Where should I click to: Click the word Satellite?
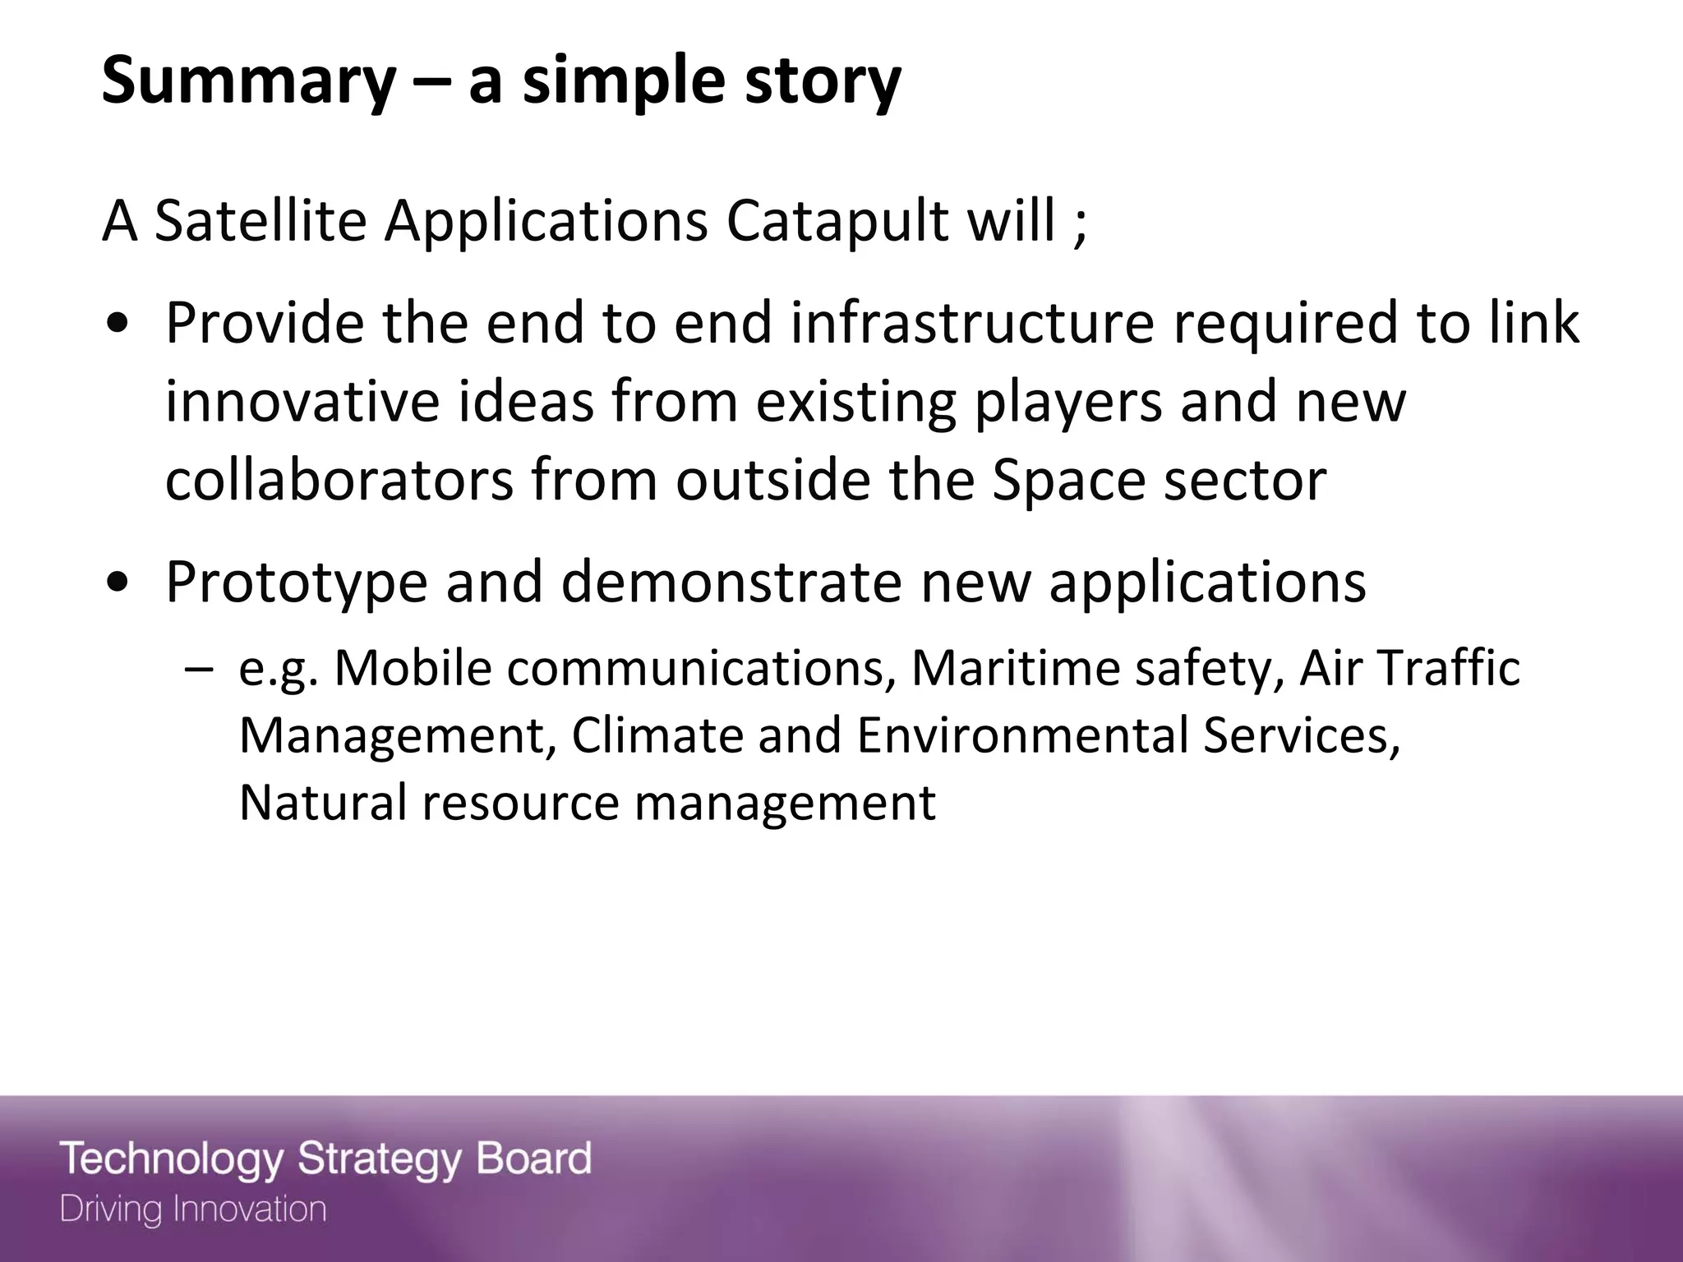pos(260,222)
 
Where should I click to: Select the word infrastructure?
pos(973,323)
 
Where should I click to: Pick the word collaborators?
pos(339,480)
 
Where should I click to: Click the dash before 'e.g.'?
pos(197,669)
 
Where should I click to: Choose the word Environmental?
pos(1022,735)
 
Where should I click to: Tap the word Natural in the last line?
pos(322,802)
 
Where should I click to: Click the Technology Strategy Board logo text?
pos(325,1159)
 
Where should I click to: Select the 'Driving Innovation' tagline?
pos(193,1209)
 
